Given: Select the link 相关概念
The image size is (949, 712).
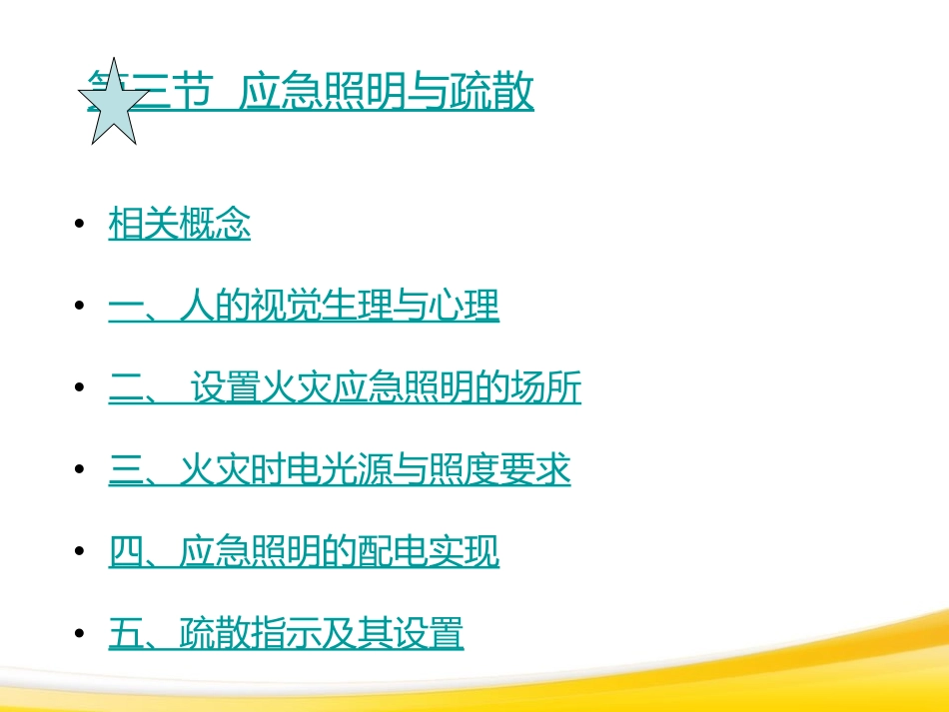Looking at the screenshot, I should click(x=180, y=226).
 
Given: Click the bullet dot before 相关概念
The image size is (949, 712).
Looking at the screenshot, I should click(x=79, y=227).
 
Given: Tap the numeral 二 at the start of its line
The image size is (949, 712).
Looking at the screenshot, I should click(x=126, y=388).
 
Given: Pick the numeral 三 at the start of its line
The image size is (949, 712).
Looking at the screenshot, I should click(x=126, y=470).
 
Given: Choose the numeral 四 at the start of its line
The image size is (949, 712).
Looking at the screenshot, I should click(x=126, y=552).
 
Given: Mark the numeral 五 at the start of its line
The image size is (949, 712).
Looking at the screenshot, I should click(x=126, y=634).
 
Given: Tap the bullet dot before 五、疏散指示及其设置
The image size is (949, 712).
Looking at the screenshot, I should click(x=79, y=635).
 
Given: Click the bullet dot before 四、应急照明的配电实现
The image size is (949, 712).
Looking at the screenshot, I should click(x=79, y=553).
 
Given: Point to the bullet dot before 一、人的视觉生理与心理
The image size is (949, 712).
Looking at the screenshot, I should click(x=79, y=308).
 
